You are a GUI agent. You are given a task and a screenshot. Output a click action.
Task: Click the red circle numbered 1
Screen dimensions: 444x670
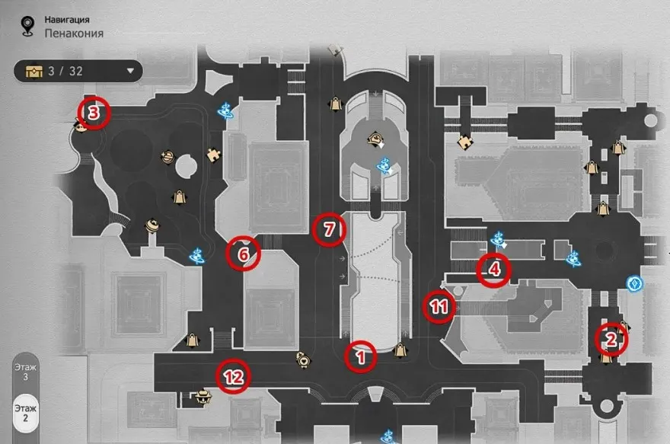362,355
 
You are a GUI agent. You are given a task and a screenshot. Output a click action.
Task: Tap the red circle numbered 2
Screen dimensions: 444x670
611,340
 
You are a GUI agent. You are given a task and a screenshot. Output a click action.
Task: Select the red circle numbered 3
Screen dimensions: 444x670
94,113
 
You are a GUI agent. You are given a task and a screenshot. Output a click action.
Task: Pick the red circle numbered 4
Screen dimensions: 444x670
494,269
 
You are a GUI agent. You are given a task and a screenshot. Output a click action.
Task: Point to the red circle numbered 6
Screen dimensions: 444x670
244,254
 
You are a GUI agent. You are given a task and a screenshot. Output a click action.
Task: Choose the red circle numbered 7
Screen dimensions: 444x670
329,229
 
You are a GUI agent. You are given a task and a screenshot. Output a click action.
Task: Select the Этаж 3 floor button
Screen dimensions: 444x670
25,372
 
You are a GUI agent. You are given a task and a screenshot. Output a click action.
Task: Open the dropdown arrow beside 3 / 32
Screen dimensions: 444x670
130,72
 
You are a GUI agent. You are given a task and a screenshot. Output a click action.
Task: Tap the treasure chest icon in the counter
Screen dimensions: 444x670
33,72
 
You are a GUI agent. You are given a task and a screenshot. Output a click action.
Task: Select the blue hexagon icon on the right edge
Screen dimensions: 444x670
633,284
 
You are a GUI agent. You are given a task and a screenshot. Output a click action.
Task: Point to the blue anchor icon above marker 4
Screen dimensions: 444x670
499,239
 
